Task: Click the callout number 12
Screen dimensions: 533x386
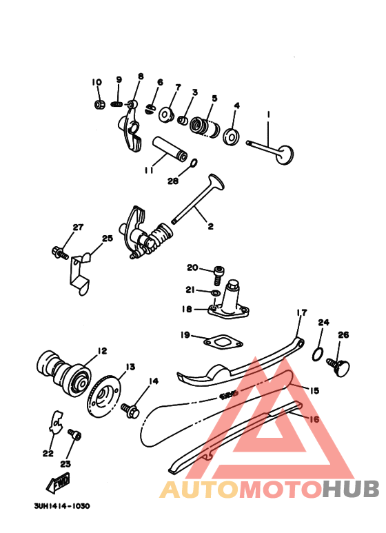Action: (x=102, y=351)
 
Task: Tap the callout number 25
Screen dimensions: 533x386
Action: (x=107, y=239)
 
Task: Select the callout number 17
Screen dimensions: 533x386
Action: (x=301, y=312)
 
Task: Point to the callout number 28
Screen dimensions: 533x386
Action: (x=172, y=181)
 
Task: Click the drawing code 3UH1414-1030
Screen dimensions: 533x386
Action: (x=61, y=505)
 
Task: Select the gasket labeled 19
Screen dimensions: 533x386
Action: (x=222, y=341)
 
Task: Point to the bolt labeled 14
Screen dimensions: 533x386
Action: (x=130, y=409)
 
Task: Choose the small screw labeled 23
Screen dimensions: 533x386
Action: (x=75, y=435)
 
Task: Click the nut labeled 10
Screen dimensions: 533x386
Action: (x=99, y=105)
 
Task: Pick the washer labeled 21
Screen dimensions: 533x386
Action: (x=215, y=293)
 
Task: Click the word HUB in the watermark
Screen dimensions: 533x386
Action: (x=349, y=489)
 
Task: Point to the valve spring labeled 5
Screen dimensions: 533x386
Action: (x=204, y=128)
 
